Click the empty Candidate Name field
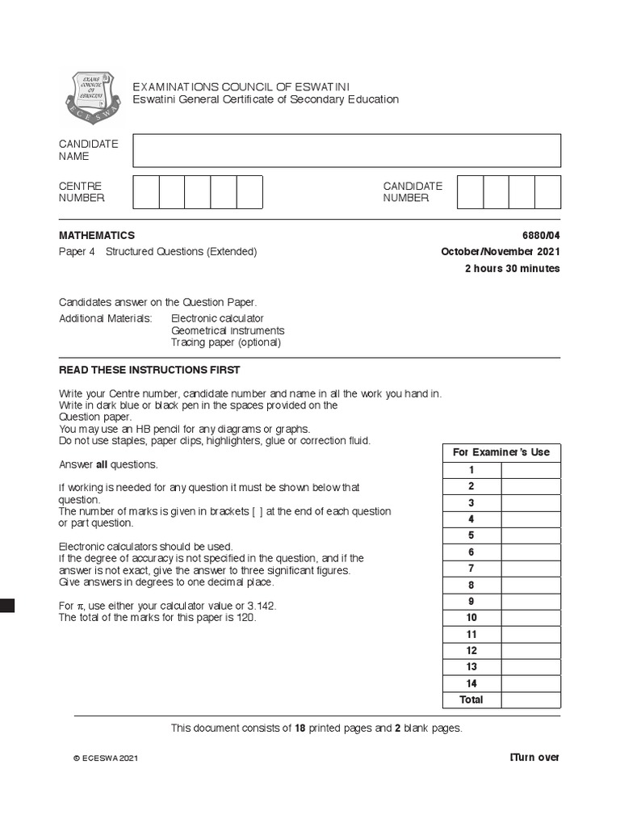coord(346,150)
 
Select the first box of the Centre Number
coord(145,192)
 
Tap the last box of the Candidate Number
coord(547,192)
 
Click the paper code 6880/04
coord(540,235)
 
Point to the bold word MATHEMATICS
coord(97,235)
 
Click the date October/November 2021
coord(500,251)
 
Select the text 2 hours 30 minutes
coord(512,268)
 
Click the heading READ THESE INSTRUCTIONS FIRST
coord(149,370)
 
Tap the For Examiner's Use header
coord(501,452)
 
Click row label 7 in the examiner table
coord(471,569)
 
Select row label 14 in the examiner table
coord(471,683)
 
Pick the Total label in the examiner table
coord(471,699)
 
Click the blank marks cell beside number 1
coord(530,470)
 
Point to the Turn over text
coord(534,757)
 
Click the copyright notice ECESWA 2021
coord(106,758)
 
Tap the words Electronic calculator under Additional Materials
coord(217,318)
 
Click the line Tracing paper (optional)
coord(225,342)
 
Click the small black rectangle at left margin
coord(7,606)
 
